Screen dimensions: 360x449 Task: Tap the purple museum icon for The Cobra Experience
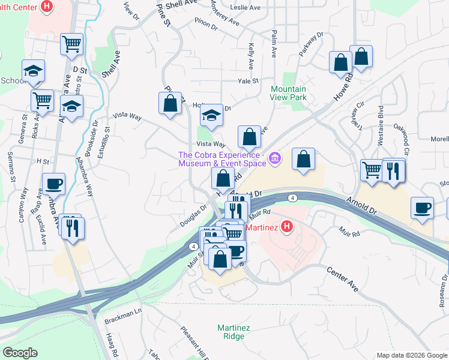[x=275, y=158]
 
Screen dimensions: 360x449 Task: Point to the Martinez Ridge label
[x=231, y=332]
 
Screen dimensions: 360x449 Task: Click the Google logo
[x=19, y=353]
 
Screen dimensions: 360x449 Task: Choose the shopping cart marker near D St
[x=71, y=44]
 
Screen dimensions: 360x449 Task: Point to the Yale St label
[x=247, y=81]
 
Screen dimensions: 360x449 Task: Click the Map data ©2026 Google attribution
[x=412, y=355]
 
